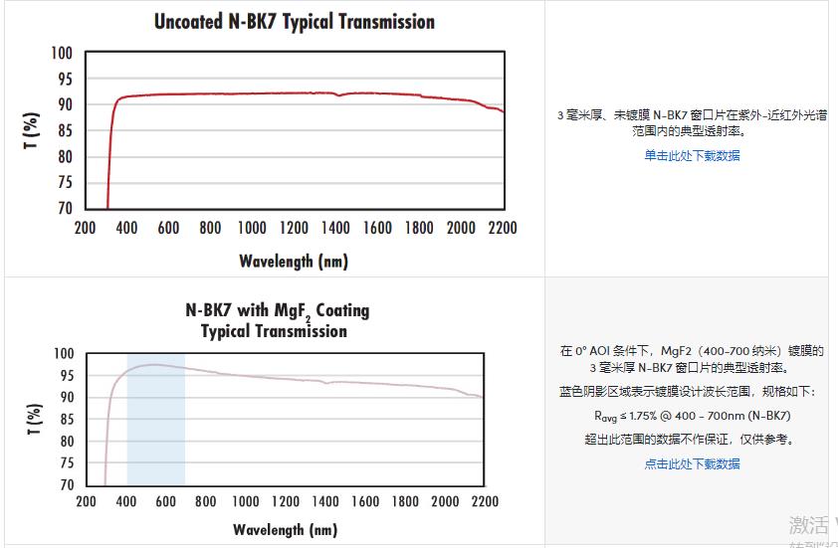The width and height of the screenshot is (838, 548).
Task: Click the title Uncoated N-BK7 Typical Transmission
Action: coord(295,21)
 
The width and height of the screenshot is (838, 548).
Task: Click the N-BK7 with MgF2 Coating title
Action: coord(277,310)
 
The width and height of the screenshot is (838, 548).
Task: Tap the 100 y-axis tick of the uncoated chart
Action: coord(62,53)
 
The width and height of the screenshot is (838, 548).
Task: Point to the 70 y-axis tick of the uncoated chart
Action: coord(64,208)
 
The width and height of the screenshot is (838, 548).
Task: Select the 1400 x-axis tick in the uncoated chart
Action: coord(335,229)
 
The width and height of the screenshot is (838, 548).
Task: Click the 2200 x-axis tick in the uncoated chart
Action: coord(503,229)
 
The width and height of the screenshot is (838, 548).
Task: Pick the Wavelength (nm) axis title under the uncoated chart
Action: coord(293,262)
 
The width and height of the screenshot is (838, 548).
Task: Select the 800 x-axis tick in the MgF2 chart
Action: coord(206,502)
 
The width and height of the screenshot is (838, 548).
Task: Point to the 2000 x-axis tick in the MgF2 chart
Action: coord(444,502)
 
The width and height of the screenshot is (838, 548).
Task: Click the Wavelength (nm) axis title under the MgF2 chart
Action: coord(286,529)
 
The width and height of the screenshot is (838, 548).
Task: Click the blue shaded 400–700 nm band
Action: coord(155,438)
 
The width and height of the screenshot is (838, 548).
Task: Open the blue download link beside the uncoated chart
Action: coord(692,155)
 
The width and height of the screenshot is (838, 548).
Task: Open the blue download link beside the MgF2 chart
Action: coord(692,463)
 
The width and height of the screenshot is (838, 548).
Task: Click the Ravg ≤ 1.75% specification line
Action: coord(692,416)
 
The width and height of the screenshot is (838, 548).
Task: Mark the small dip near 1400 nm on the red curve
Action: coord(340,95)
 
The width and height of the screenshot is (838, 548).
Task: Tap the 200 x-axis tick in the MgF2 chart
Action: coord(87,502)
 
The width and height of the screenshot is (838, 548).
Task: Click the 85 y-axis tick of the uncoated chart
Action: coord(64,130)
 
